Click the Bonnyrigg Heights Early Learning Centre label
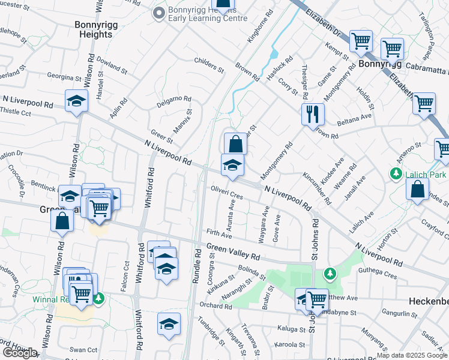tap(200, 13)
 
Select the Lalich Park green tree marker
tap(396, 174)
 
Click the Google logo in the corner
tap(20, 353)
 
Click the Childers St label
tap(209, 66)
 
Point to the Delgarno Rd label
tap(175, 100)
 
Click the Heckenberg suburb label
tap(429, 300)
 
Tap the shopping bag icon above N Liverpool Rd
tap(236, 144)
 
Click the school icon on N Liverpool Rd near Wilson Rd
tap(76, 101)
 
